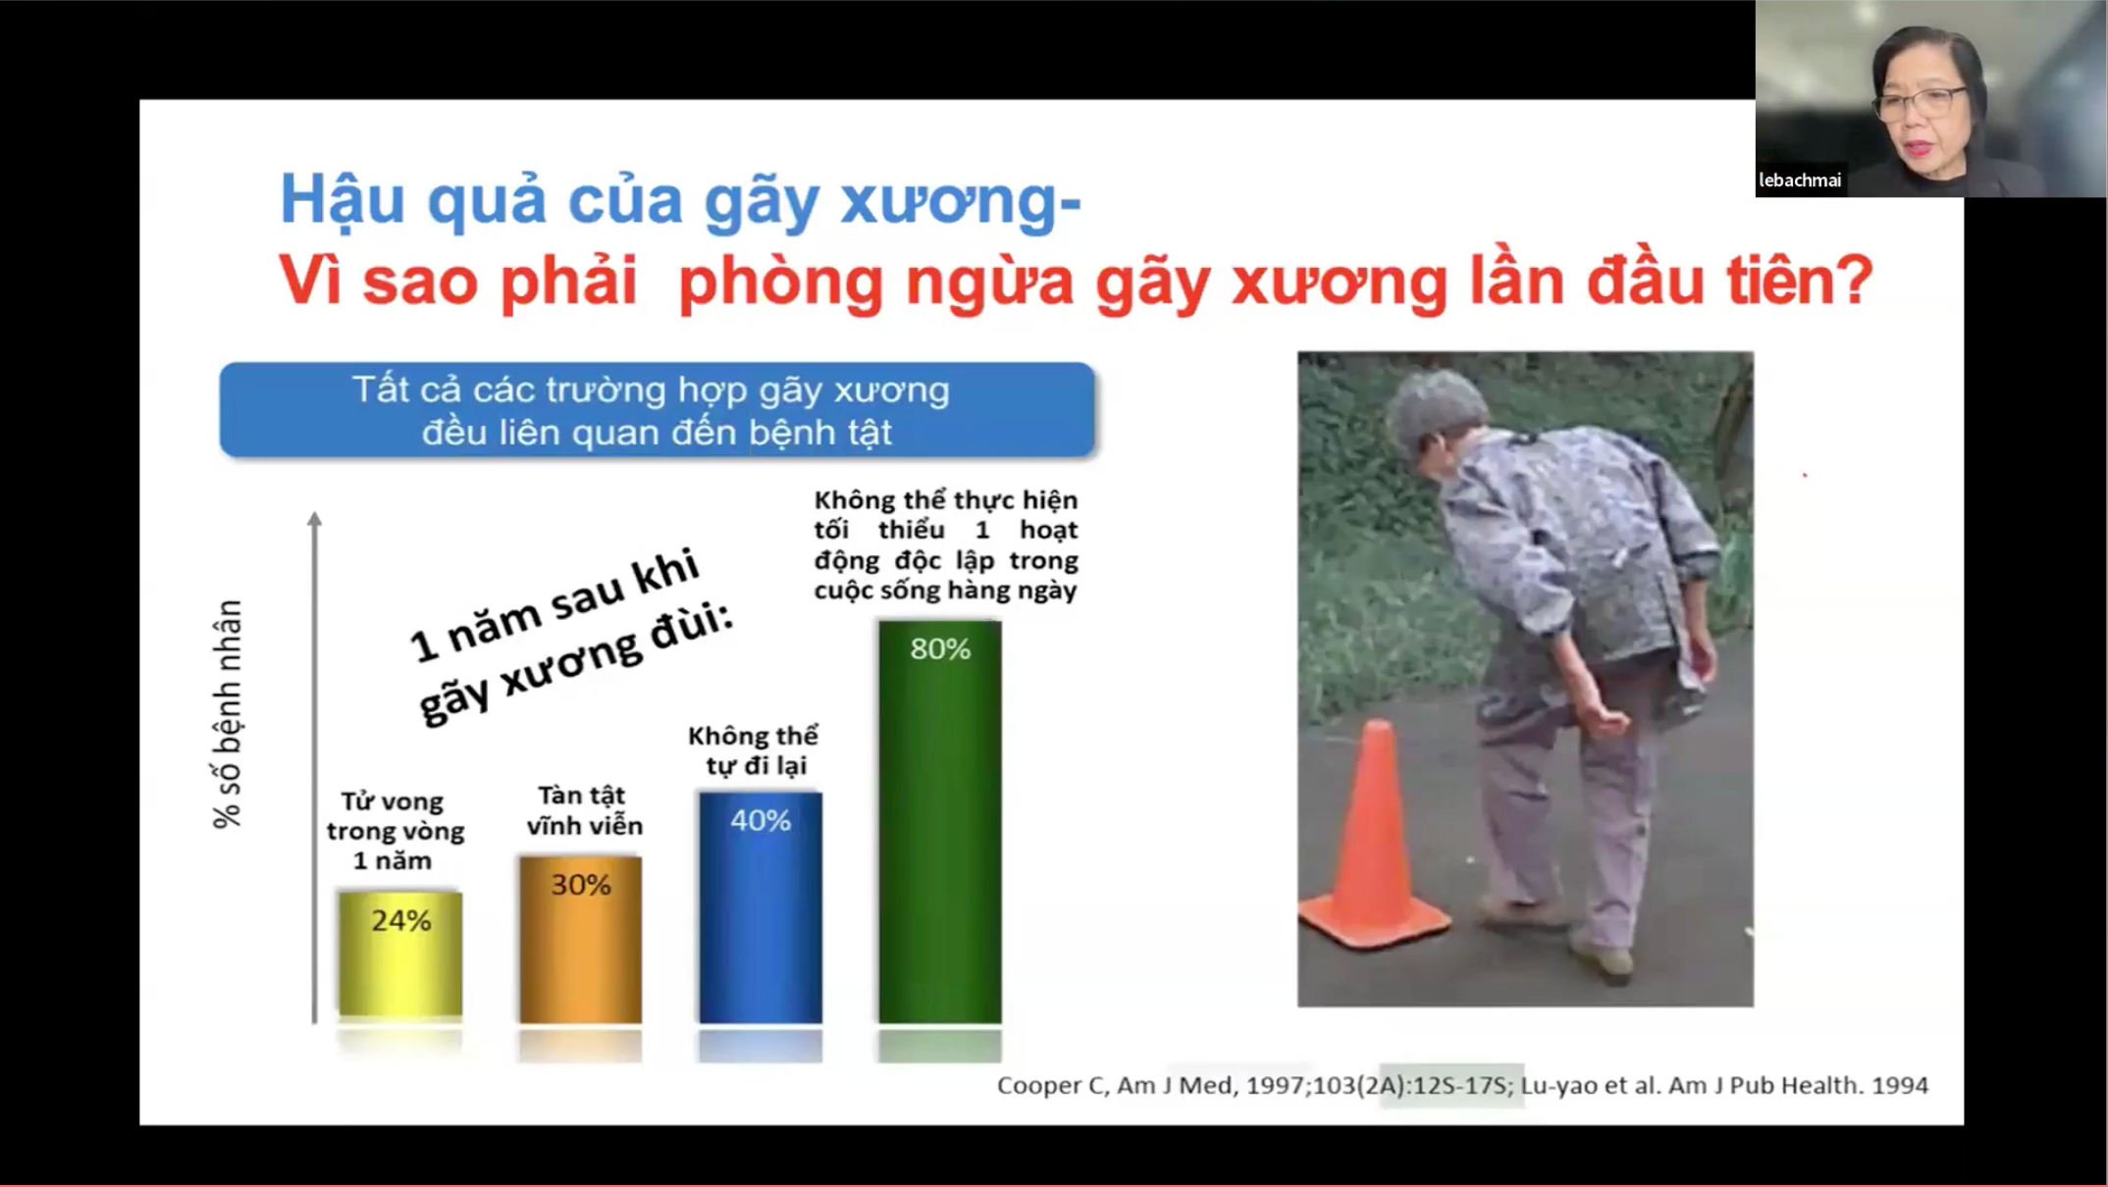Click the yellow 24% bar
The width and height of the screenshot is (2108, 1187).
(399, 954)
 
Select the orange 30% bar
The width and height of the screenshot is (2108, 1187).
(580, 939)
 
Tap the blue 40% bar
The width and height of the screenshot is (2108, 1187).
(760, 907)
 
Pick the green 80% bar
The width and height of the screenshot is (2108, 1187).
(939, 822)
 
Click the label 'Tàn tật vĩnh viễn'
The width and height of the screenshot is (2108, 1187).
(584, 810)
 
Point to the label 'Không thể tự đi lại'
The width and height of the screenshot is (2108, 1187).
(754, 749)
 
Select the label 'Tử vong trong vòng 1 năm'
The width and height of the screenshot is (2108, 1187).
(395, 831)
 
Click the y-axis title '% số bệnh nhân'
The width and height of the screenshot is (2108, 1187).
(227, 714)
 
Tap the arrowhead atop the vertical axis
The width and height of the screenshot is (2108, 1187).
(314, 519)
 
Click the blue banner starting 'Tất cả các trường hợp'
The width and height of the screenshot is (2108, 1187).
(657, 410)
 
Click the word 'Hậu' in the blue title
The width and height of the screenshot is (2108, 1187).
(342, 200)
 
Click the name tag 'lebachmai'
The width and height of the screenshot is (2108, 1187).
(1800, 181)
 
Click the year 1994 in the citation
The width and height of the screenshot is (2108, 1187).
(1899, 1085)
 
